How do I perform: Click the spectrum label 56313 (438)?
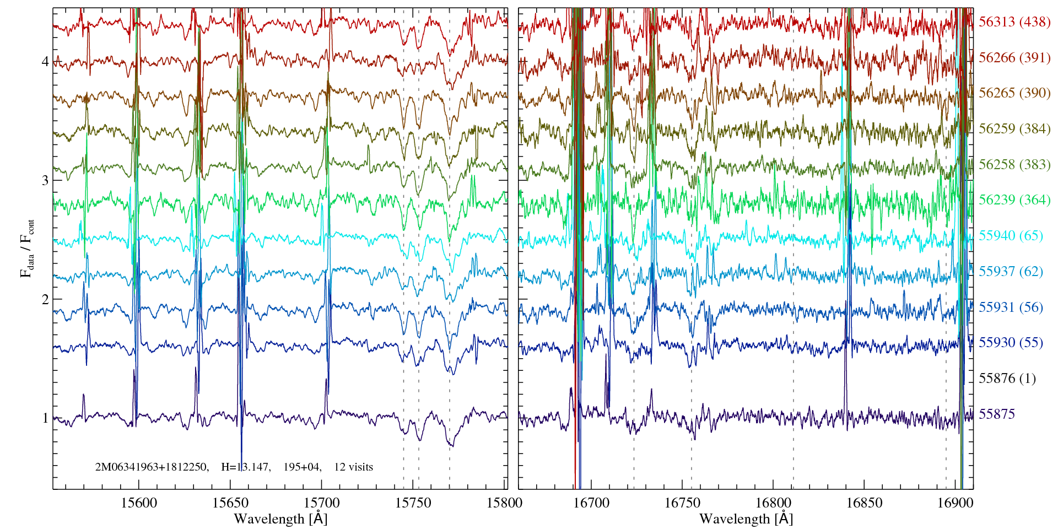click(1014, 22)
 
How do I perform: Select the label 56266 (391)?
click(1014, 58)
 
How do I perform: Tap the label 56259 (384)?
click(1014, 129)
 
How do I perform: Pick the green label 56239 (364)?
click(1014, 200)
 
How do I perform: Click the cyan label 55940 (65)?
click(1011, 236)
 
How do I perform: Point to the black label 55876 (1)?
click(1007, 379)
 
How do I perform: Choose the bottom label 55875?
click(996, 414)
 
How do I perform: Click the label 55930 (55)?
click(1011, 343)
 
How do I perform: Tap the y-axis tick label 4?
click(45, 62)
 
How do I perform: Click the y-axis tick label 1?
click(45, 418)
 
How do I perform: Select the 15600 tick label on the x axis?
click(139, 503)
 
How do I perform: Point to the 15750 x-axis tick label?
click(414, 503)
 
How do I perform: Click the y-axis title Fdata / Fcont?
click(27, 248)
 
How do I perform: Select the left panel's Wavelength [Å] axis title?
click(280, 519)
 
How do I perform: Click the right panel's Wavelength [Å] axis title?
click(746, 519)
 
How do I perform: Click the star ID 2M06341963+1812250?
click(152, 467)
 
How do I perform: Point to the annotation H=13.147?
click(245, 467)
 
